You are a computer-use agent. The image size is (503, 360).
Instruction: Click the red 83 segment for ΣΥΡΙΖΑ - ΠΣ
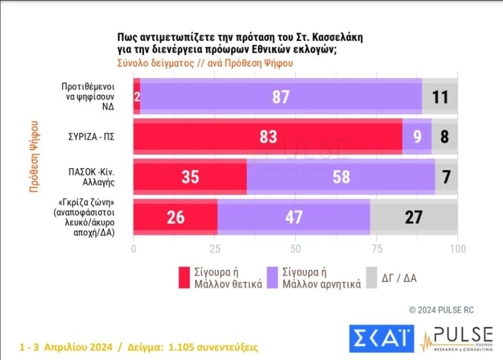point(268,137)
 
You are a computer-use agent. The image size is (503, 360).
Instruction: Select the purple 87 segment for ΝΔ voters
point(281,96)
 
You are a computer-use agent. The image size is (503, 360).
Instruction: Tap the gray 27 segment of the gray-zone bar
point(414,217)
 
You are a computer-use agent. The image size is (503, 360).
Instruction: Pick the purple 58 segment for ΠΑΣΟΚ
point(341,176)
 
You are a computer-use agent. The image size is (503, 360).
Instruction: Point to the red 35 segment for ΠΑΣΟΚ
point(190,176)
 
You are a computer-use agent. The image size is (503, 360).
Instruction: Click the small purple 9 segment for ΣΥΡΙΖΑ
point(417,137)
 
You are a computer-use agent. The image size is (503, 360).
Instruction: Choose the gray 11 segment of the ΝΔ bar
point(440,96)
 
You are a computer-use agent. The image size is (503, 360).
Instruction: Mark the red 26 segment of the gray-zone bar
point(175,217)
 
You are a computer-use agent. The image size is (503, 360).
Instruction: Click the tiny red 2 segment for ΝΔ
point(137,96)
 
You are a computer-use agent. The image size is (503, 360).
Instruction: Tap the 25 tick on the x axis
point(215,249)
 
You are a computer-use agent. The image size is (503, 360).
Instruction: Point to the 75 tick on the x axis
point(376,249)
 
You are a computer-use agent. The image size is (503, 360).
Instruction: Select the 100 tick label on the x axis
point(458,249)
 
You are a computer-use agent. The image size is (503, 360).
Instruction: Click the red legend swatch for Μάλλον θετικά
point(184,278)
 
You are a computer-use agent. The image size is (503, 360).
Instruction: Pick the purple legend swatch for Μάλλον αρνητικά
point(273,278)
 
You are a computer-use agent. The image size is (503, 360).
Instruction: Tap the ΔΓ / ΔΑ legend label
point(399,278)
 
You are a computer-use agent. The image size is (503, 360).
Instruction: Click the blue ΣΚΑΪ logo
point(382,339)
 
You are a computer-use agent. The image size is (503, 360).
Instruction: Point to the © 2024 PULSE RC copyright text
point(441,310)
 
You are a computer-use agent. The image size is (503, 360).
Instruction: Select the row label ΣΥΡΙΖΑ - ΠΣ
point(91,137)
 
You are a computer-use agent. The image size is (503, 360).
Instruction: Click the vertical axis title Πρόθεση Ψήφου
point(34,157)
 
